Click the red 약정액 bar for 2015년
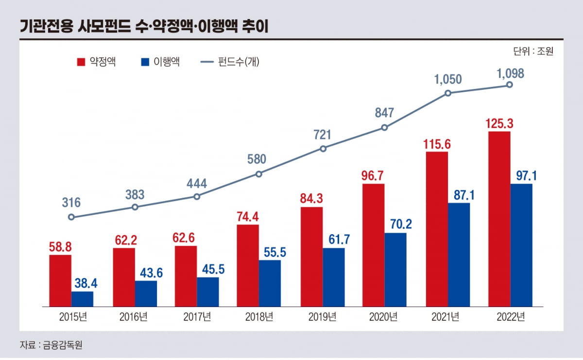pyautogui.click(x=60, y=280)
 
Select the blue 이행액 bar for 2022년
pyautogui.click(x=521, y=245)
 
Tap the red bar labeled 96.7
pyautogui.click(x=373, y=245)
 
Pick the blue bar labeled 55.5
pyautogui.click(x=270, y=283)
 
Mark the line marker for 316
pyautogui.click(x=71, y=217)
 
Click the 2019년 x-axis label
pyautogui.click(x=322, y=318)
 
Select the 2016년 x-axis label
pyautogui.click(x=134, y=318)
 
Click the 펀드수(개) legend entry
pyautogui.click(x=228, y=62)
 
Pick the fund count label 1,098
pyautogui.click(x=510, y=73)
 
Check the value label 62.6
pyautogui.click(x=186, y=238)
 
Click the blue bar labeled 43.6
pyautogui.click(x=146, y=293)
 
